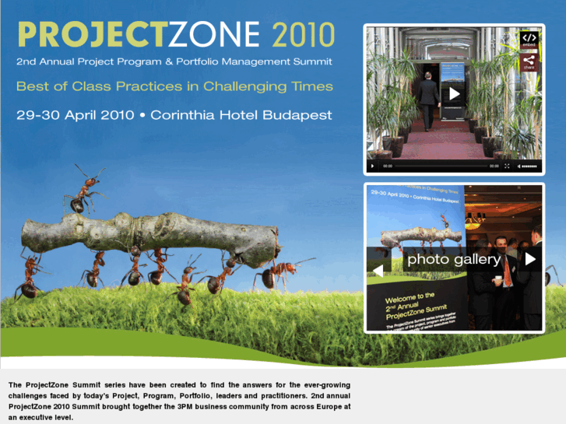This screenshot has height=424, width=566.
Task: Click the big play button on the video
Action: pyautogui.click(x=454, y=94)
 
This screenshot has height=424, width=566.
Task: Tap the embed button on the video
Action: pyautogui.click(x=529, y=39)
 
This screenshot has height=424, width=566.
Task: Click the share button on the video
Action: pyautogui.click(x=529, y=61)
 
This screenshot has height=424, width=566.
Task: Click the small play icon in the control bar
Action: pyautogui.click(x=373, y=166)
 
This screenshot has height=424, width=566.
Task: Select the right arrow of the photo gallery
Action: pyautogui.click(x=530, y=259)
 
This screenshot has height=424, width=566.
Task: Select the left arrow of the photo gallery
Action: pyautogui.click(x=378, y=270)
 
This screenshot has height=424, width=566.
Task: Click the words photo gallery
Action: pyautogui.click(x=454, y=259)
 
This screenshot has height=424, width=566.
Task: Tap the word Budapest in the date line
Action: pyautogui.click(x=301, y=115)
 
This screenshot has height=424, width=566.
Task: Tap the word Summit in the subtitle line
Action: pyautogui.click(x=311, y=61)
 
